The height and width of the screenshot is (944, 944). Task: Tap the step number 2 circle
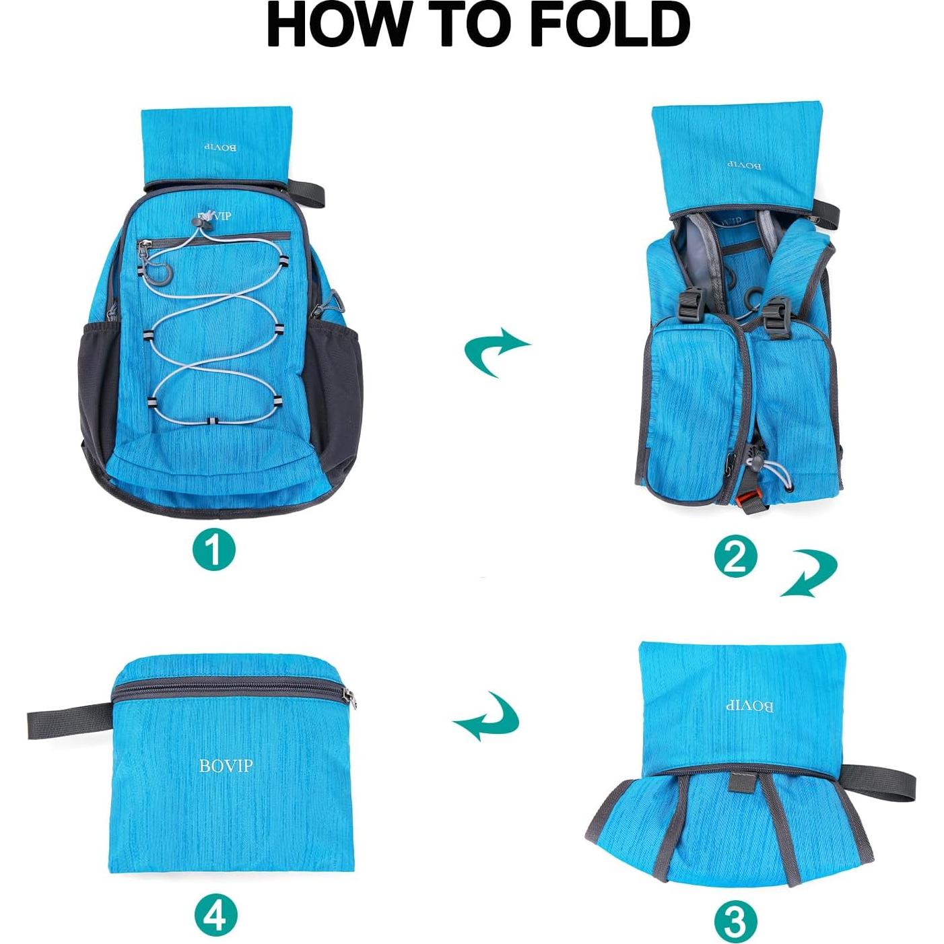(735, 556)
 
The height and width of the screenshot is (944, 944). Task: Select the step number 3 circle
(735, 921)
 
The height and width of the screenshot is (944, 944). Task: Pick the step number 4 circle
(215, 914)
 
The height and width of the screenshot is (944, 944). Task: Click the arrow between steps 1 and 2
(496, 350)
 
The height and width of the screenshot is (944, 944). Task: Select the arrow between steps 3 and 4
(487, 718)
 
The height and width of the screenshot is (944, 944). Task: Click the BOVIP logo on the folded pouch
(226, 766)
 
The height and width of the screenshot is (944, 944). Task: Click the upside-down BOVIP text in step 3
(749, 706)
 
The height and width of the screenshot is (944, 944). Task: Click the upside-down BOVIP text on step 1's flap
(220, 146)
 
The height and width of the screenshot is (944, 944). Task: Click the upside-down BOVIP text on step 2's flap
(744, 165)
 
